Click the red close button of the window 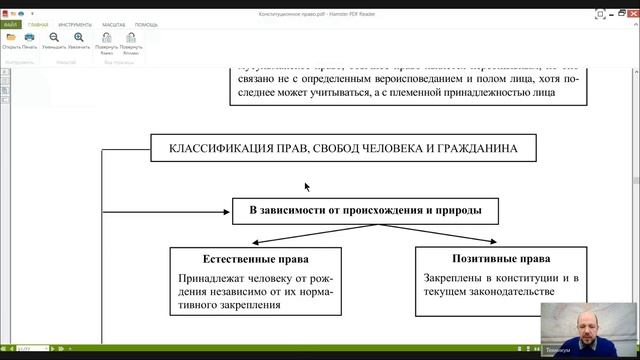(630, 4)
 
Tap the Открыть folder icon (11, 37)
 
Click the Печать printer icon (30, 37)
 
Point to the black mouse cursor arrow (307, 186)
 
